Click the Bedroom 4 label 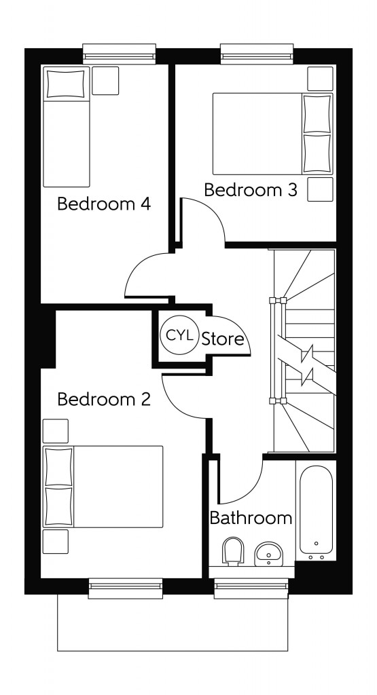103,204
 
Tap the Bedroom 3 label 251,190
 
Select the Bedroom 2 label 103,399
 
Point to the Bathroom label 251,518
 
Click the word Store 223,339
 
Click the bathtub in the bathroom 316,510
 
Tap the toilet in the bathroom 233,550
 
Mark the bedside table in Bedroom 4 105,81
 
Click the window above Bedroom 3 257,53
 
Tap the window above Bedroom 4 120,53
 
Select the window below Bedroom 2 126,588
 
